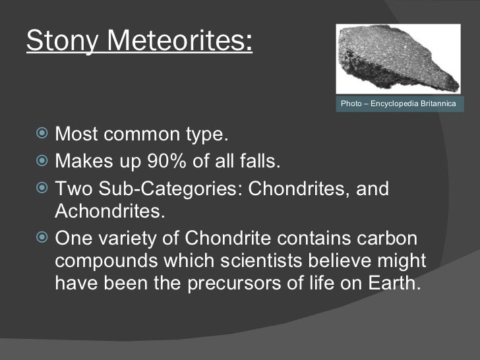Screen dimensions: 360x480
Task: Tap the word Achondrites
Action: point(109,212)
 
